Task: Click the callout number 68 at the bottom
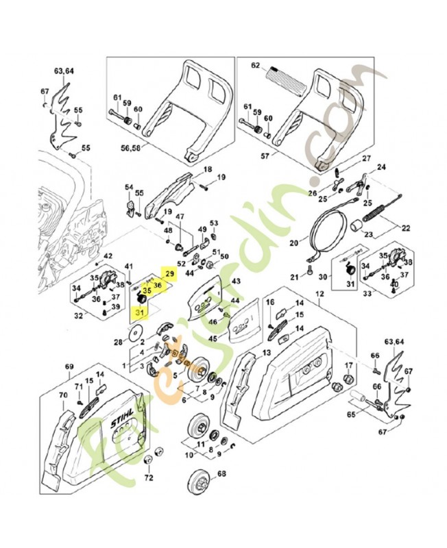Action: point(221,474)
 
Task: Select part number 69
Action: point(69,368)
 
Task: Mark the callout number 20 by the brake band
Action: point(294,242)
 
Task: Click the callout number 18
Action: point(207,169)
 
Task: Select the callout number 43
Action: point(236,282)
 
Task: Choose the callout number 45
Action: point(213,338)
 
